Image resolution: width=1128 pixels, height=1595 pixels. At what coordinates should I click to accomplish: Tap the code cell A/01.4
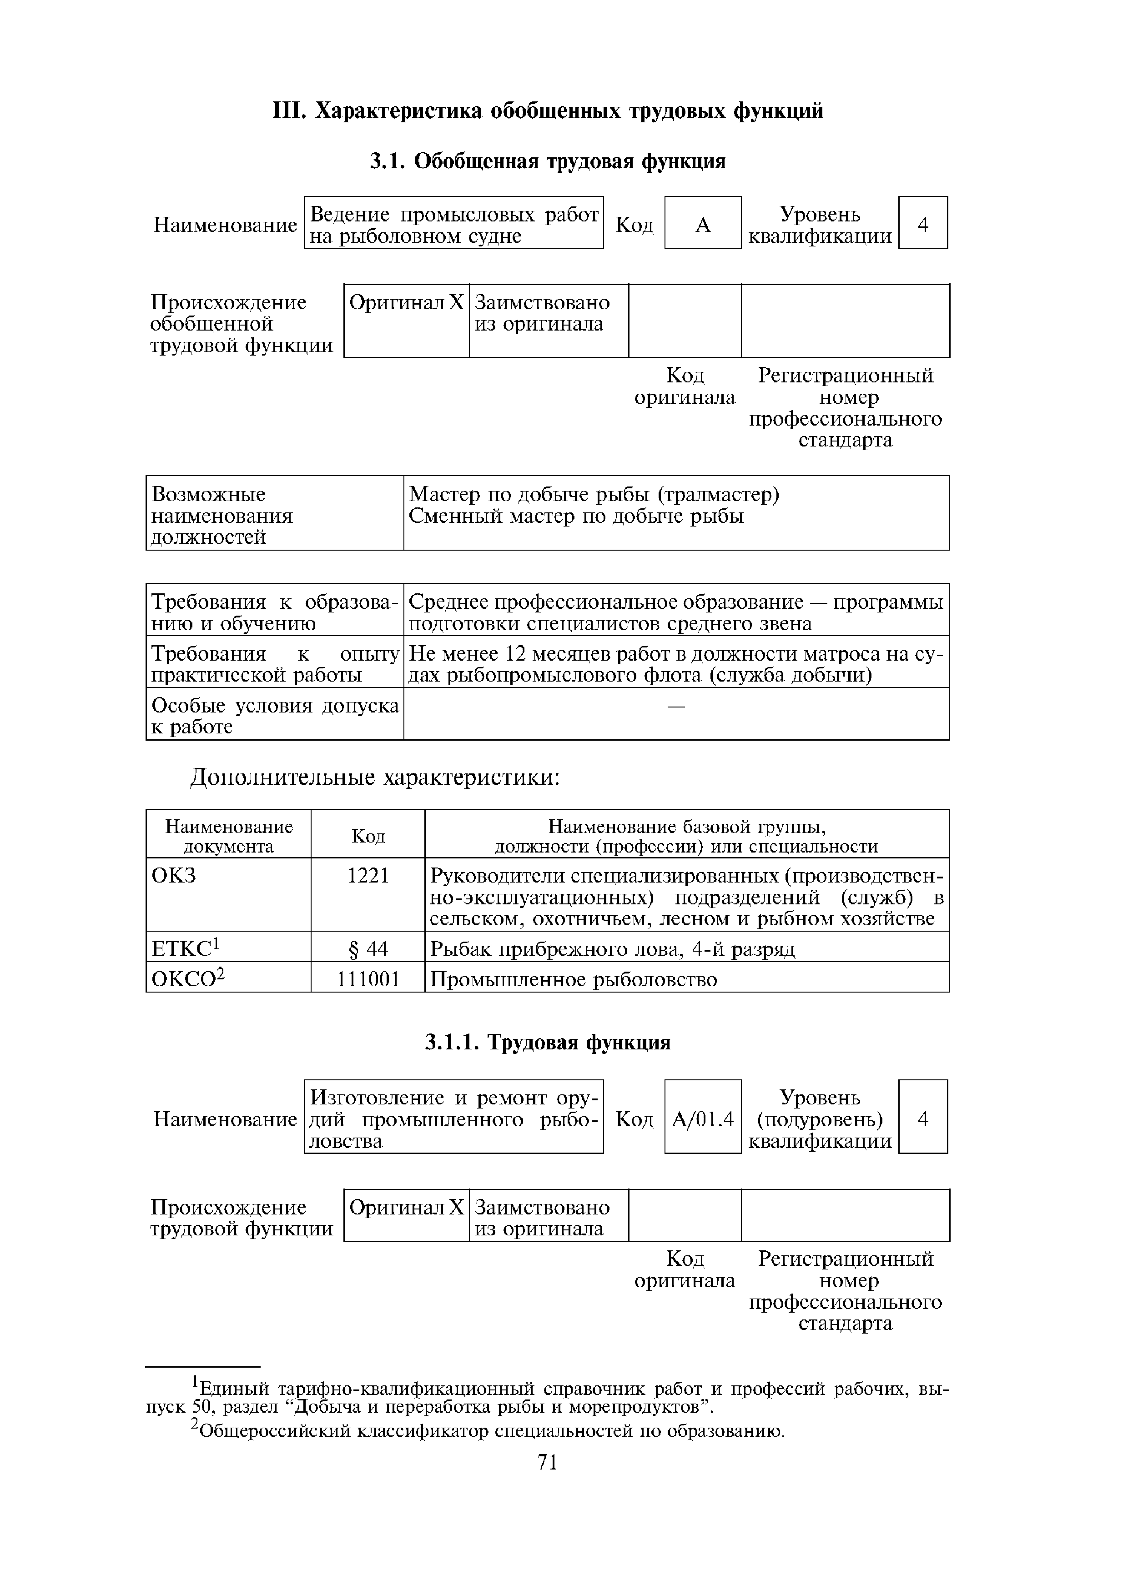(703, 1119)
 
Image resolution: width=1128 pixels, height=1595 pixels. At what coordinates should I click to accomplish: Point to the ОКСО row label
(188, 979)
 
